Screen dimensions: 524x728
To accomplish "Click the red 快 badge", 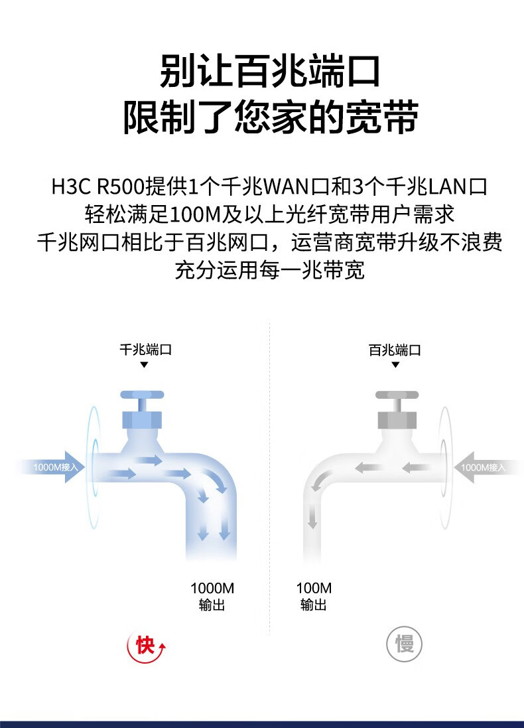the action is point(146,645).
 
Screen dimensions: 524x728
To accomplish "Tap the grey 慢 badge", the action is point(404,644).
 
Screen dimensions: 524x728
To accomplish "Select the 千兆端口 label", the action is point(146,349).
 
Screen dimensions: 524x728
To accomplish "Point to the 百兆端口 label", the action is point(395,350).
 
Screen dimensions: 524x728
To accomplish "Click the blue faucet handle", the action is point(142,395).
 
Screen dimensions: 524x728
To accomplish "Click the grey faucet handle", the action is point(397,395).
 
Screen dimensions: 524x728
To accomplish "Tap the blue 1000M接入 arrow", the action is point(52,467).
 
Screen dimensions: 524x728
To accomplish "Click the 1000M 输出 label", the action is point(212,597).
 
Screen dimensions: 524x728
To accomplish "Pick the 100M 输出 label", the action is point(314,597).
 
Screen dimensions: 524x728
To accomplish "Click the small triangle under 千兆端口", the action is point(144,365).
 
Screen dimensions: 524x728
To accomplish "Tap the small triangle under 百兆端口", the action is point(395,365).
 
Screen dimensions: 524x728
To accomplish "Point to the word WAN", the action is point(286,186).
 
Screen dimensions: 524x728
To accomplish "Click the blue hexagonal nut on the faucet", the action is point(142,419).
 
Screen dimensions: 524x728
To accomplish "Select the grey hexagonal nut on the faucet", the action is point(397,419).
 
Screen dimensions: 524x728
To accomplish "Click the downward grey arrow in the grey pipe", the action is point(312,516).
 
